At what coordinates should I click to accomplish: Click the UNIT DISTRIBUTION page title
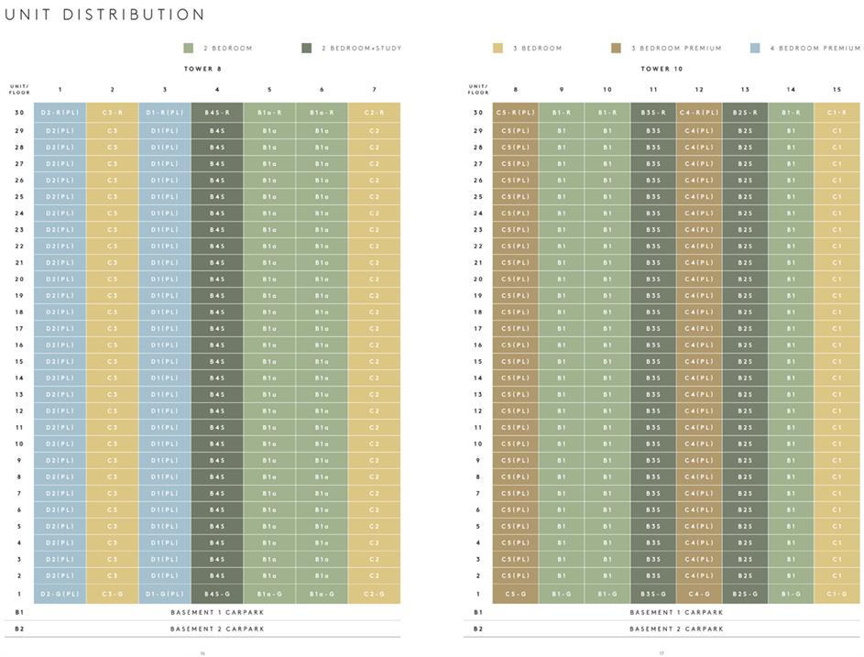click(x=105, y=15)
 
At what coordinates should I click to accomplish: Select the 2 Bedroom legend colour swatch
click(x=189, y=48)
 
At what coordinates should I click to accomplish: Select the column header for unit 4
click(x=217, y=90)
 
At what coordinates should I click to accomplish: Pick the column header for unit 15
click(x=837, y=90)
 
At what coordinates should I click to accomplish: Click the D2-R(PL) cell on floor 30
click(x=60, y=113)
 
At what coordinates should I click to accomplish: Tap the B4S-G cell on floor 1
click(x=217, y=594)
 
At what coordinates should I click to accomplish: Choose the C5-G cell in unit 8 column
click(x=516, y=594)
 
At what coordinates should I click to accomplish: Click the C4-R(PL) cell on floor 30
click(x=699, y=113)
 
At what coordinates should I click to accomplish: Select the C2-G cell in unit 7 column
click(x=374, y=594)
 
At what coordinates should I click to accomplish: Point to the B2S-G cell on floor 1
click(x=745, y=594)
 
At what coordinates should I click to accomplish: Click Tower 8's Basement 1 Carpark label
click(x=216, y=612)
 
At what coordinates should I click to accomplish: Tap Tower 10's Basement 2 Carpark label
click(x=676, y=629)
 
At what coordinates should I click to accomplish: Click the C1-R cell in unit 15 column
click(x=837, y=113)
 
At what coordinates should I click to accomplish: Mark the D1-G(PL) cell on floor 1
click(x=165, y=594)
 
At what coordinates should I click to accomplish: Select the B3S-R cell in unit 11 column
click(x=653, y=113)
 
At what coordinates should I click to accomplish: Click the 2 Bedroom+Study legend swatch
click(x=305, y=48)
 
